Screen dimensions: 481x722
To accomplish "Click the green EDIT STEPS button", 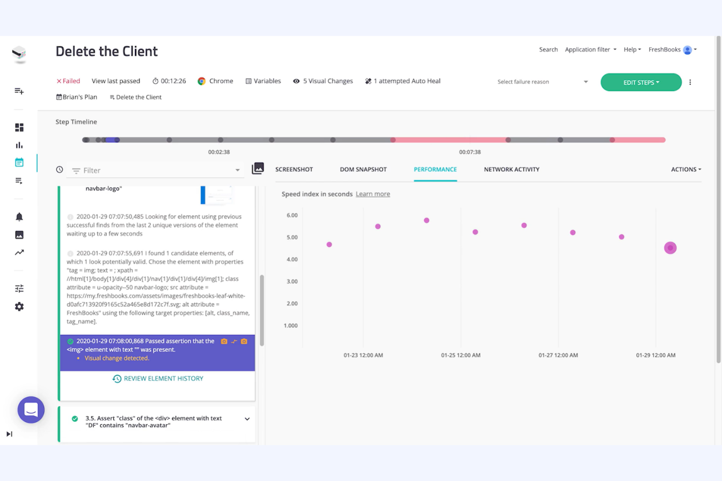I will point(641,82).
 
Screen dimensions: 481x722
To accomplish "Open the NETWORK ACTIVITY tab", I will point(511,170).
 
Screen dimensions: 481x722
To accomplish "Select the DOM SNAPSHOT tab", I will point(363,170).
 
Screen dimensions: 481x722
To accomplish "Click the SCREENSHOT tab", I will point(294,170).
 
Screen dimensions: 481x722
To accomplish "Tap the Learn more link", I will point(373,194).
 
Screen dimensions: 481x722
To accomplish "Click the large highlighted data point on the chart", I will point(670,248).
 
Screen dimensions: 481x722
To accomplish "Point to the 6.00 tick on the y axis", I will point(292,215).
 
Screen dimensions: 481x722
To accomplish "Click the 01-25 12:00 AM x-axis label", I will point(461,355).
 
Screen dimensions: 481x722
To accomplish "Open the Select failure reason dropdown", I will point(542,82).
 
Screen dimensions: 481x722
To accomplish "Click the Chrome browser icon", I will point(201,81).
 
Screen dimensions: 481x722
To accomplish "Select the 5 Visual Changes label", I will point(327,81).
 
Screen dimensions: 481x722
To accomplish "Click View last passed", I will point(116,81).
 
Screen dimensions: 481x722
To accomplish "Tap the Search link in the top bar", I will point(548,50).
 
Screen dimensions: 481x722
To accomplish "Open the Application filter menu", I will point(590,50).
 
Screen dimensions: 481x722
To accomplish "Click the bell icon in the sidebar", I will point(19,217).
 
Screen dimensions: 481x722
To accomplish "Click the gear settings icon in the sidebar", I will point(19,307).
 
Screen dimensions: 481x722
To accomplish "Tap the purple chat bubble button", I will point(31,410).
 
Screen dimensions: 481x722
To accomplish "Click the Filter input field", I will point(156,171).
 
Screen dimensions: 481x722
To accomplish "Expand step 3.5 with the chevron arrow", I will point(247,419).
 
